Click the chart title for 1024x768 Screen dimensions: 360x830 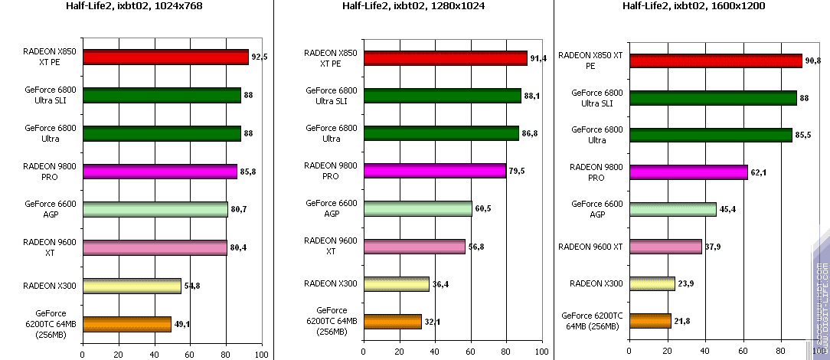coord(138,7)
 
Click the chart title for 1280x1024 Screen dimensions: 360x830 coord(413,7)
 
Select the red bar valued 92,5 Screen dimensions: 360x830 coord(165,57)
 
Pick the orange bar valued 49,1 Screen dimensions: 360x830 coord(126,324)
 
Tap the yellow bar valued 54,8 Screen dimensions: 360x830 coord(132,286)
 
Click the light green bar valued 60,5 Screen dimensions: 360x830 coord(418,208)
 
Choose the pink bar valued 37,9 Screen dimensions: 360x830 coord(665,247)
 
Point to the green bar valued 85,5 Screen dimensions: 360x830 coord(711,135)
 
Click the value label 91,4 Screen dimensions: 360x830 coord(539,58)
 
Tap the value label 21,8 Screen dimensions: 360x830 coord(684,320)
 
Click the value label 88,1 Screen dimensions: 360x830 coord(533,96)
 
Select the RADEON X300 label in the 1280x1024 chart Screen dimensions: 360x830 coord(331,283)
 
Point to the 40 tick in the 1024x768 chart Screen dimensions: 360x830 coord(154,354)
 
